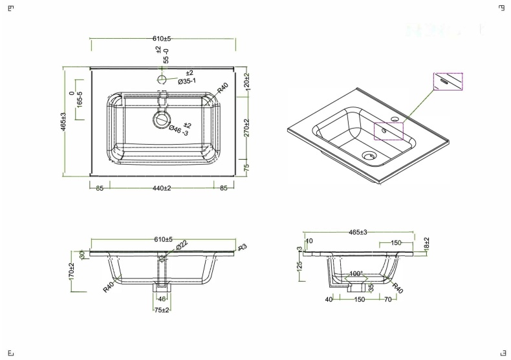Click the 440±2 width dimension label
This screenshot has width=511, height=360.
[x=161, y=188]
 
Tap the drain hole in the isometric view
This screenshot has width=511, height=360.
[x=369, y=156]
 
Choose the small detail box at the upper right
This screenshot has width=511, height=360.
[x=448, y=82]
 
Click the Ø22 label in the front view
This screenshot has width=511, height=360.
[x=183, y=244]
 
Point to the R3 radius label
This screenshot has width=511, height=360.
[x=243, y=248]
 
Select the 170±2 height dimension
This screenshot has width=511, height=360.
[x=72, y=270]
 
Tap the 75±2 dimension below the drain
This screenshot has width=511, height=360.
[x=162, y=310]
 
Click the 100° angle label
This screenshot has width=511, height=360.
[x=356, y=274]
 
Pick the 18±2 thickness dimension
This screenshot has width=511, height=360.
[x=427, y=244]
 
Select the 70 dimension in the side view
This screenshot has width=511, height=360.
[x=386, y=300]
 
